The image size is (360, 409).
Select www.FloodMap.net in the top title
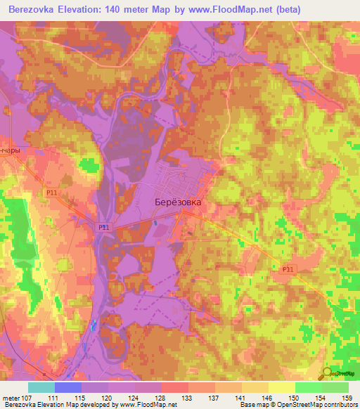233,9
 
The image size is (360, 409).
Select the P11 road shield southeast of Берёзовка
288,269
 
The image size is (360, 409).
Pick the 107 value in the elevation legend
27,398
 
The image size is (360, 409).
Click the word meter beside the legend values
10,398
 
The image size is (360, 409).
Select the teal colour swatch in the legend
41,387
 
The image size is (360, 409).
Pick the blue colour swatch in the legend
68,387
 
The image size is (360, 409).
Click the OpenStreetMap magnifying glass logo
327,373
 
